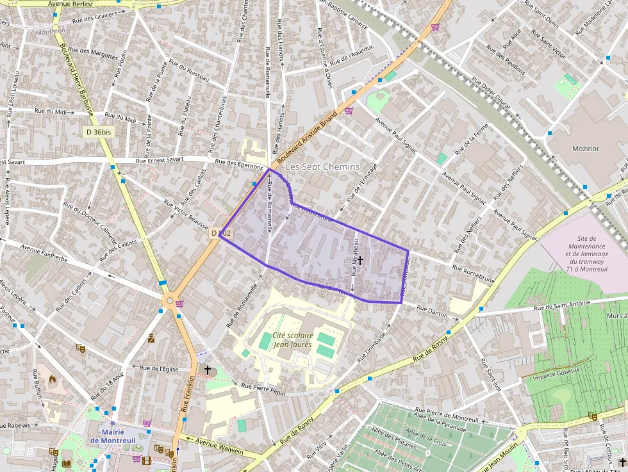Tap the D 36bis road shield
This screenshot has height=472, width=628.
[98, 132]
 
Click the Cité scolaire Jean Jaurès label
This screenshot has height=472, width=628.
[292, 340]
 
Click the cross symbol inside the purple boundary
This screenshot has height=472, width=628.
[360, 261]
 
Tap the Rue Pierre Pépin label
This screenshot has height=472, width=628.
[263, 388]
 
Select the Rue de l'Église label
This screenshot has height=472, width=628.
[158, 368]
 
